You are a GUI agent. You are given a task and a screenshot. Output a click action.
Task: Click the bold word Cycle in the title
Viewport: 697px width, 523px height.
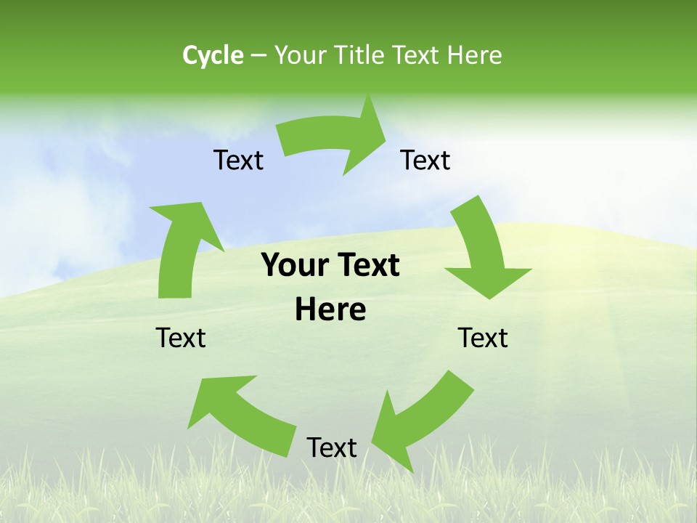(x=213, y=55)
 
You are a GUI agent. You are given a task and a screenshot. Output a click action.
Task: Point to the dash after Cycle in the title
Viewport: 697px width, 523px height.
(x=258, y=55)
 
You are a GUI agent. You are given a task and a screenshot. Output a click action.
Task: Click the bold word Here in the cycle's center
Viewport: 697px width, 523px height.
(x=330, y=310)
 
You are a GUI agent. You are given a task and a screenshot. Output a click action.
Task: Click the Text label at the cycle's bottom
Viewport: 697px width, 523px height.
(x=332, y=448)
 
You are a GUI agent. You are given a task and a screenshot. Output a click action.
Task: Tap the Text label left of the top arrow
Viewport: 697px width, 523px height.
(x=238, y=160)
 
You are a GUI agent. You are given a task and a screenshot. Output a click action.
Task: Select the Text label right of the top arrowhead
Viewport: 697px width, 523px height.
(x=425, y=160)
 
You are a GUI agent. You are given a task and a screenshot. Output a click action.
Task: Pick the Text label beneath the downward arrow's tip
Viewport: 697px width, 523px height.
(x=483, y=338)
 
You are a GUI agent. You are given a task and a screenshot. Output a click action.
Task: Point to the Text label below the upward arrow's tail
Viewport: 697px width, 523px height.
(x=181, y=338)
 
